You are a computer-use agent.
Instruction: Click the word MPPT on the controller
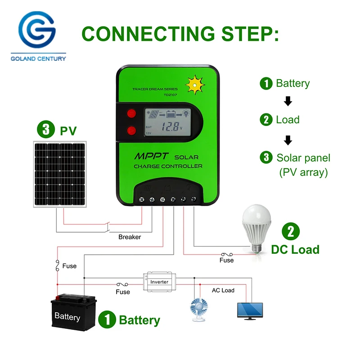tap(151, 157)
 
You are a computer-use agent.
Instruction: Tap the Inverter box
tap(159, 282)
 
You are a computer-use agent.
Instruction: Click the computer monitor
tap(250, 310)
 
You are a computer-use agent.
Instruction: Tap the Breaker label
tap(130, 237)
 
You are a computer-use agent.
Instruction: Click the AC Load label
tap(223, 290)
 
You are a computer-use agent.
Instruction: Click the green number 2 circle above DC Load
tap(291, 231)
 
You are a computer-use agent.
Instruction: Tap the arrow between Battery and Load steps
tap(288, 101)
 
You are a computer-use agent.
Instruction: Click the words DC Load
tap(295, 249)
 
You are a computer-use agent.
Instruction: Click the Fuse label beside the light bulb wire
tap(226, 260)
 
